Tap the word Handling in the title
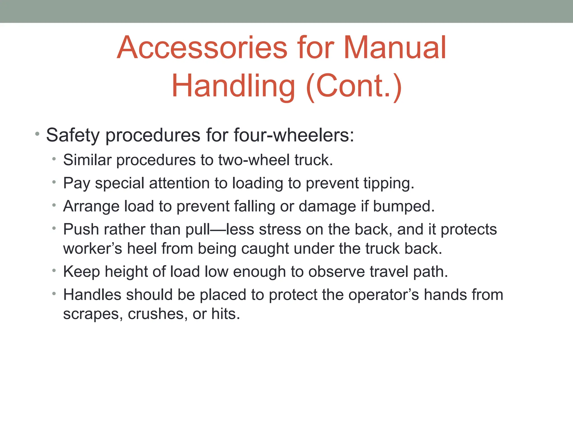coord(233,86)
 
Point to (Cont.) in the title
coord(354,86)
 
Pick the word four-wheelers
coord(294,135)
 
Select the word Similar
coord(87,160)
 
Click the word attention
coord(179,183)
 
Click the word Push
coord(81,230)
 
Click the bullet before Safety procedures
coord(37,134)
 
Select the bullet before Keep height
coord(54,271)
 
